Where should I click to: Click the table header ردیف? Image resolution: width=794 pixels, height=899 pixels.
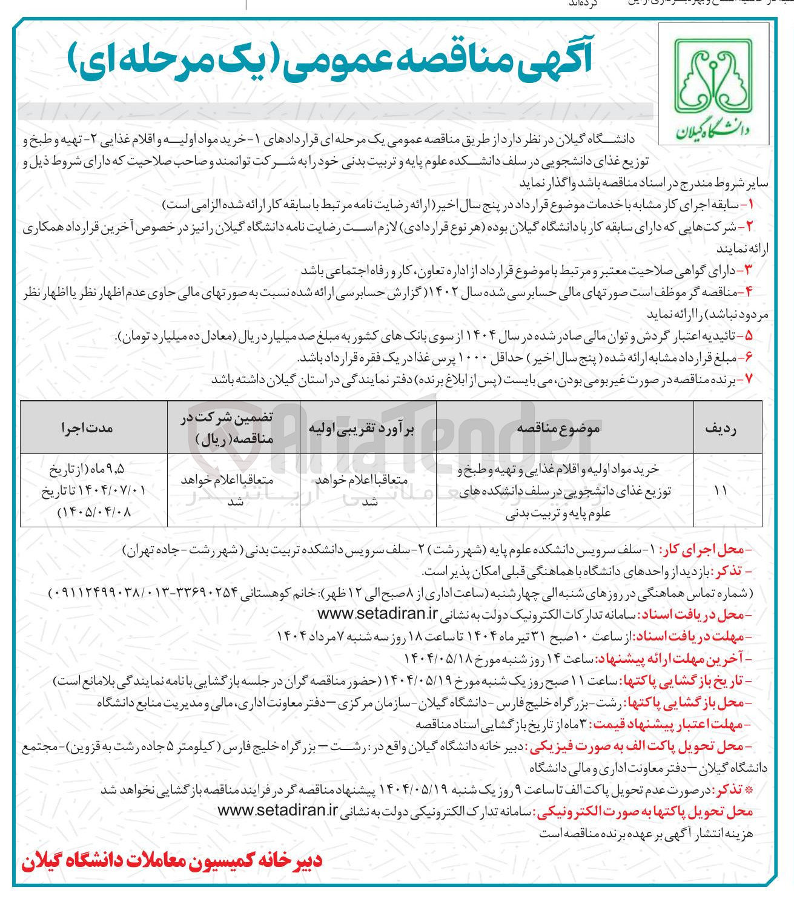coord(720,428)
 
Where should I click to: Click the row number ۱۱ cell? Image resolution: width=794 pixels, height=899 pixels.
coord(720,491)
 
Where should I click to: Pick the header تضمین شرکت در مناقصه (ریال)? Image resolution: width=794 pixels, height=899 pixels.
coord(234,428)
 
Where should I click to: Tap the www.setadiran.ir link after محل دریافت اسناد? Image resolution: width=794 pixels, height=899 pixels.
coord(376,614)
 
